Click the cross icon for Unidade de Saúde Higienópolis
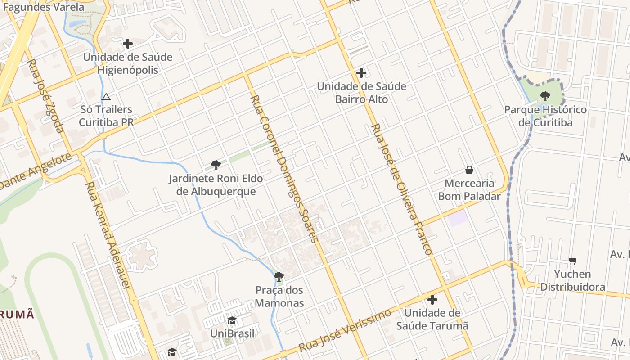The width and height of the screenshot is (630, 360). (x=128, y=44)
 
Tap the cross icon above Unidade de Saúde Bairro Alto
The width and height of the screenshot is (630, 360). (x=361, y=73)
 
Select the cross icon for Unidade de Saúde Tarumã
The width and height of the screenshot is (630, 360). (x=432, y=300)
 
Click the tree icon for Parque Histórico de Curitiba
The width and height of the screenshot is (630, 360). (x=545, y=96)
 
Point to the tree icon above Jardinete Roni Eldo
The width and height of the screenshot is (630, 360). (x=216, y=165)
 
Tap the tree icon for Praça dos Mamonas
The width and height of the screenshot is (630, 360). (x=279, y=276)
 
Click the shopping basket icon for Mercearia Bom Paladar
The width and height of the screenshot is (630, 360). (x=469, y=170)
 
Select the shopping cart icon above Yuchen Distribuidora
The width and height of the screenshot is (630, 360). (x=573, y=261)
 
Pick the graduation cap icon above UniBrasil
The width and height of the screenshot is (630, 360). (x=232, y=320)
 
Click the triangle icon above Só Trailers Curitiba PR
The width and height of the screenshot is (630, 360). (x=106, y=97)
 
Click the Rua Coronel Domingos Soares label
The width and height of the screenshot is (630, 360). (x=284, y=169)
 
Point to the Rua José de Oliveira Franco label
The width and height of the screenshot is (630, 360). (x=401, y=189)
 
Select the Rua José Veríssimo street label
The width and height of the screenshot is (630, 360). (x=345, y=331)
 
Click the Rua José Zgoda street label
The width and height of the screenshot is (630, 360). (x=46, y=96)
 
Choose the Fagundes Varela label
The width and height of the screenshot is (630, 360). (x=44, y=7)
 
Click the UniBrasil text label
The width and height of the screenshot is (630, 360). (x=232, y=333)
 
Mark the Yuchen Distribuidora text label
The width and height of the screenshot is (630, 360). (x=572, y=280)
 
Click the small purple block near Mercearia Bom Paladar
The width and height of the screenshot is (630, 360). (x=458, y=218)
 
